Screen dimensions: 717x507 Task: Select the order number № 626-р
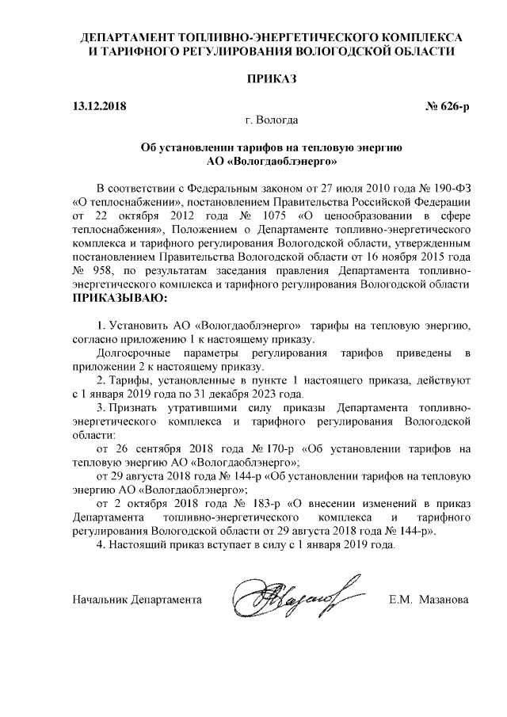441,105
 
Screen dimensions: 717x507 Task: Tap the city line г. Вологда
272,120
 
